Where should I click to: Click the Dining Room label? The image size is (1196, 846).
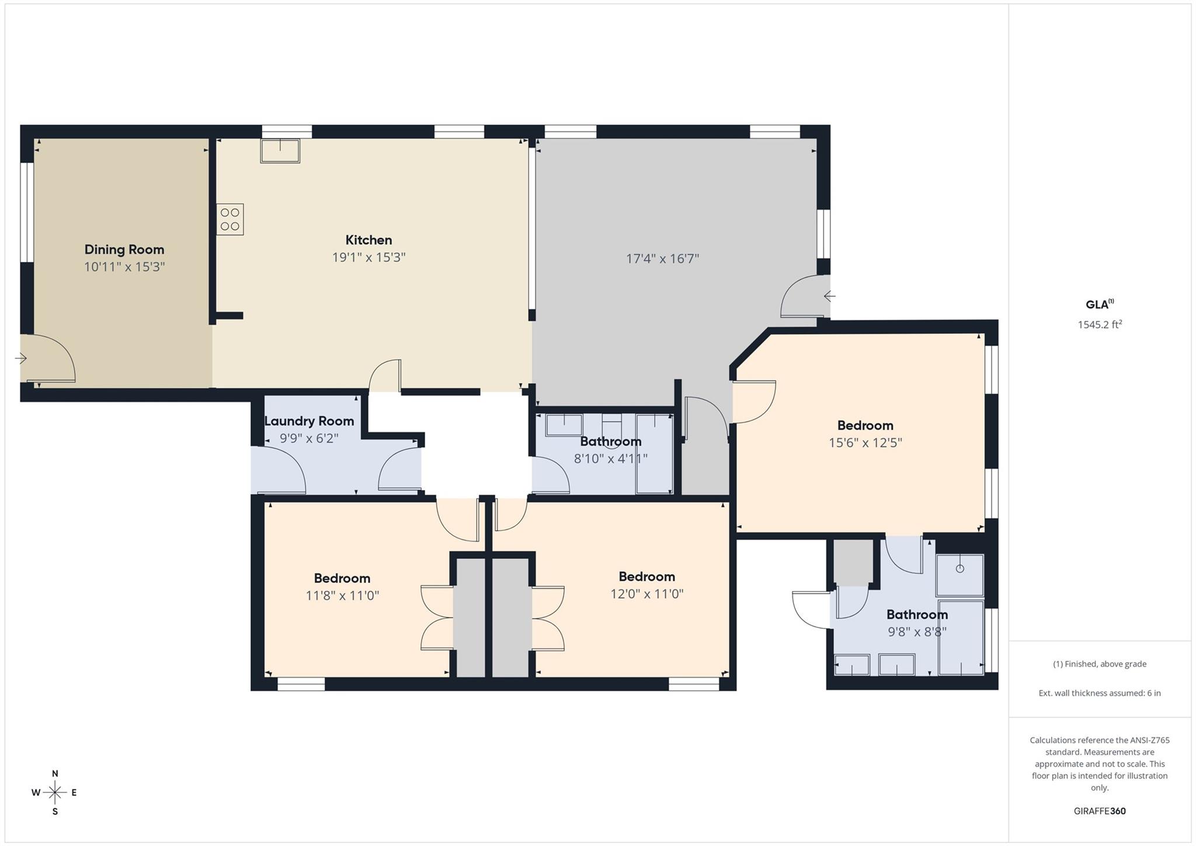click(124, 249)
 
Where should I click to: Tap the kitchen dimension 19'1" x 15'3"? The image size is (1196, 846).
click(368, 258)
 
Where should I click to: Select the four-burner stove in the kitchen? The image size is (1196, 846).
click(230, 219)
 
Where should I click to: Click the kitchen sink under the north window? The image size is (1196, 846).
click(280, 151)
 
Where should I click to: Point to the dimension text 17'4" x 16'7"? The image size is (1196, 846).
click(662, 259)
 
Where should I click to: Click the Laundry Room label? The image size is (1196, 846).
click(309, 421)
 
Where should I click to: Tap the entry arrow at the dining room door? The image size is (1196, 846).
click(21, 358)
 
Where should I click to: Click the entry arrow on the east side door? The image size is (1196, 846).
click(829, 296)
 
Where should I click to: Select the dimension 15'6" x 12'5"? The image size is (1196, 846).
click(865, 443)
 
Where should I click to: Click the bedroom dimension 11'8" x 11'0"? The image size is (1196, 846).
click(342, 596)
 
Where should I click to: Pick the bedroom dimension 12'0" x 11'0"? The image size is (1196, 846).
click(646, 594)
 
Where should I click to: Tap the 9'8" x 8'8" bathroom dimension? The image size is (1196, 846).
click(917, 632)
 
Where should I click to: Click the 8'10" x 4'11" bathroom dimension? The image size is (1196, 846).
click(610, 459)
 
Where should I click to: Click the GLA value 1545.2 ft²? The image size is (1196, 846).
click(1100, 324)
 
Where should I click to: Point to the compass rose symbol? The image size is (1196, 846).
click(55, 793)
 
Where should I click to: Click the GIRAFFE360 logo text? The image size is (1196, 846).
click(1099, 811)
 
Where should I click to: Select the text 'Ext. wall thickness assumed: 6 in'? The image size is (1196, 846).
click(1099, 693)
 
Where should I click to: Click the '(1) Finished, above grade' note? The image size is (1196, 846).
click(1099, 664)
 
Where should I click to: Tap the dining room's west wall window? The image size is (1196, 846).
click(27, 212)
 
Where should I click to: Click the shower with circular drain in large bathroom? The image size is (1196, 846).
click(959, 575)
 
